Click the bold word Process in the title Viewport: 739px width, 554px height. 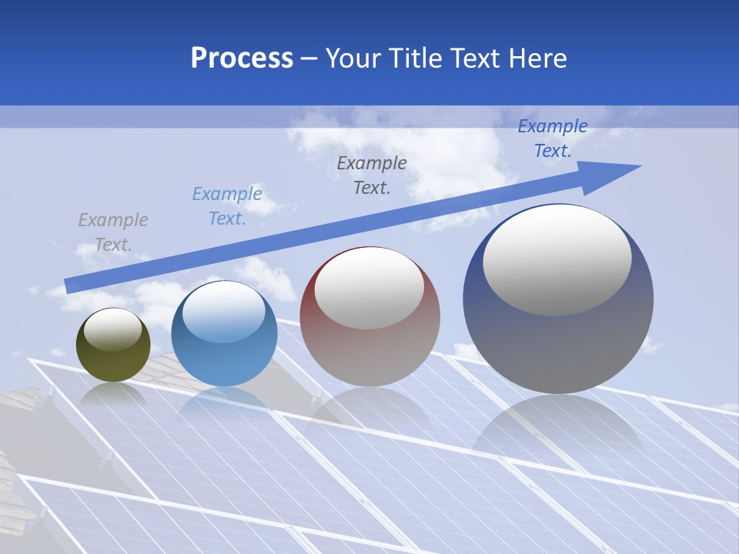(242, 58)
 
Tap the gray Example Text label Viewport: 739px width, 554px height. (112, 232)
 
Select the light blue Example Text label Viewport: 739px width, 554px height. (226, 206)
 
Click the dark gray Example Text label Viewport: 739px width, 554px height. (372, 175)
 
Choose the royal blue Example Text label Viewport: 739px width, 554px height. (552, 138)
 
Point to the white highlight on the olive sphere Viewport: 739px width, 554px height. (112, 329)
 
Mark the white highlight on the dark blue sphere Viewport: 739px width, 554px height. (557, 260)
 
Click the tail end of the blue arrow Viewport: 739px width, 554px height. (69, 285)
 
